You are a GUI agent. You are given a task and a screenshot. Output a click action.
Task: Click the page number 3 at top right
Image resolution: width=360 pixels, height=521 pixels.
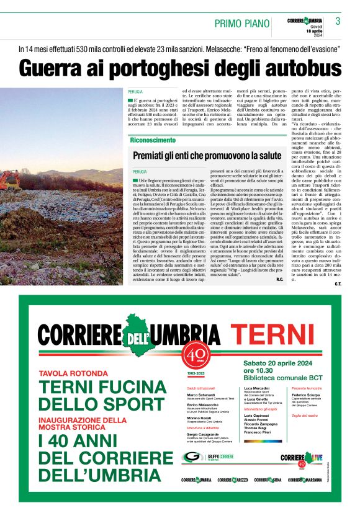(338, 21)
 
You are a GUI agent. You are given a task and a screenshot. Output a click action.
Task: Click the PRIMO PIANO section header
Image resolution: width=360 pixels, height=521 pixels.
(241, 24)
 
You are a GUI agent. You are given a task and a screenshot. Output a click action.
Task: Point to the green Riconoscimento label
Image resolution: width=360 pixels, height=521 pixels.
(153, 140)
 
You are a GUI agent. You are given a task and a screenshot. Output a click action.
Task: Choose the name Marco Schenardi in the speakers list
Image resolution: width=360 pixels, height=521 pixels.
(201, 394)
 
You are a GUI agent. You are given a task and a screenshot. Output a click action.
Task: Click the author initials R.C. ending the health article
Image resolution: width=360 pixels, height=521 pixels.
(280, 280)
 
